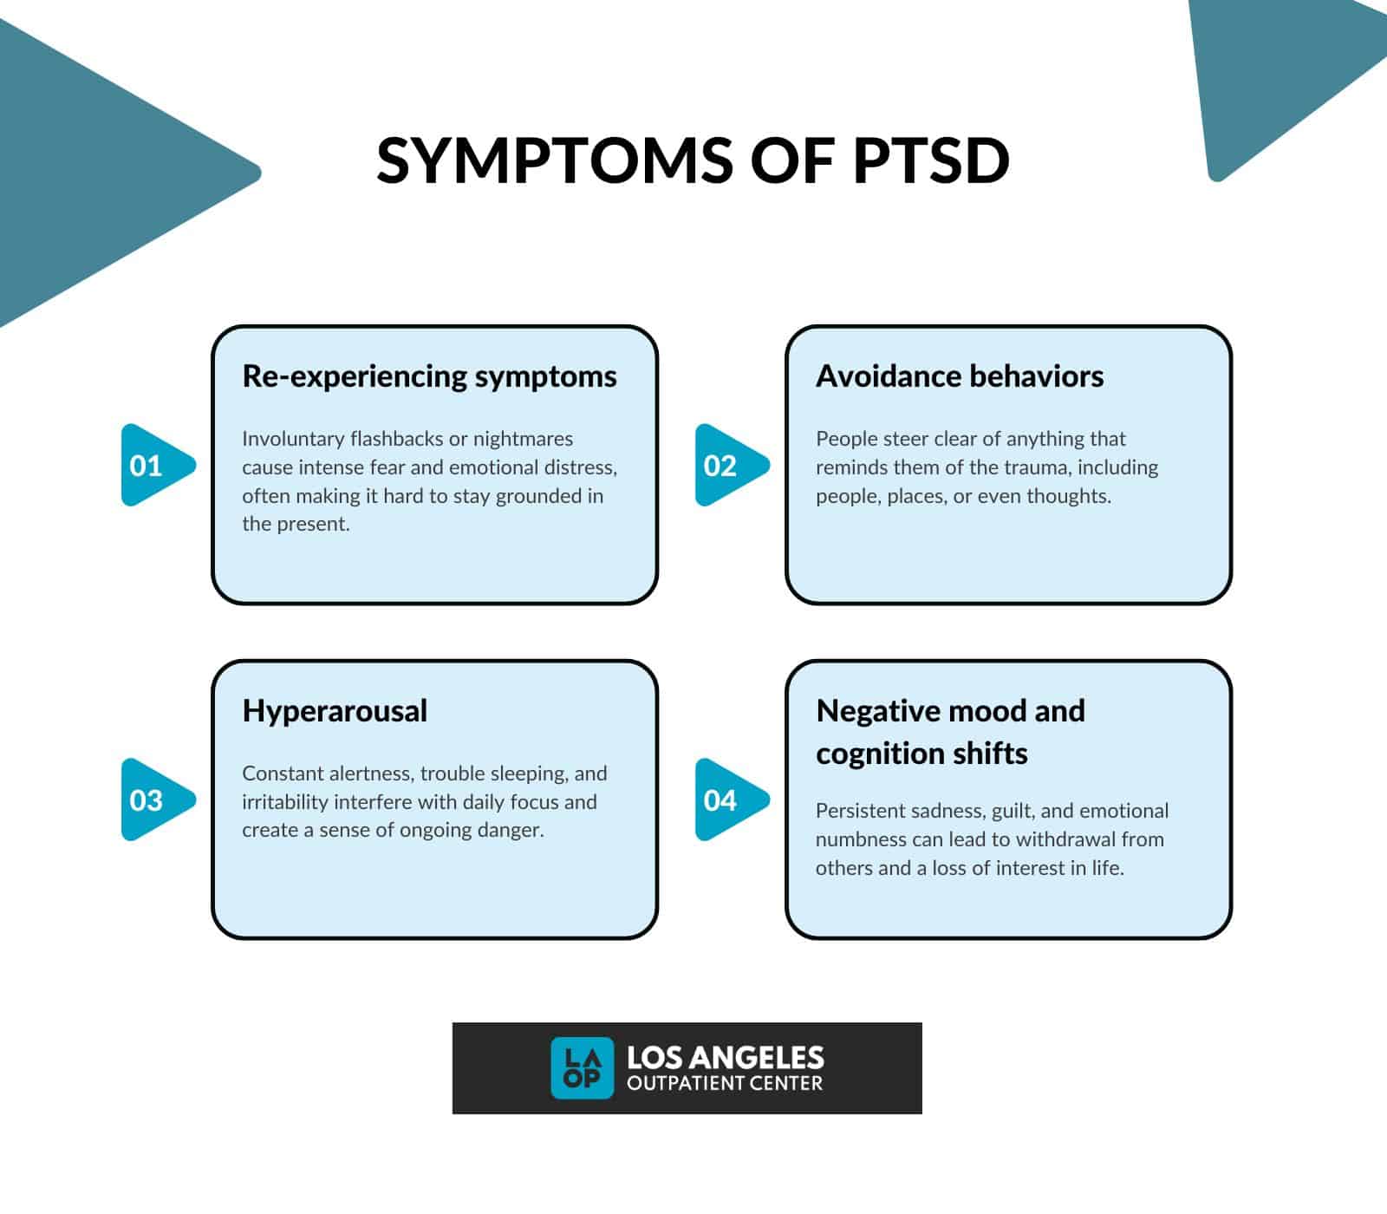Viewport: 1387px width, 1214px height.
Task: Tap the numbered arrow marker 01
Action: [x=153, y=466]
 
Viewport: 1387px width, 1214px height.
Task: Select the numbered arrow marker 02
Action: [x=726, y=466]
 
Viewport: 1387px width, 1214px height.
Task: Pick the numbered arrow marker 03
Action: [x=153, y=800]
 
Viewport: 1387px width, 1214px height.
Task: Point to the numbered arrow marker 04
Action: [x=726, y=800]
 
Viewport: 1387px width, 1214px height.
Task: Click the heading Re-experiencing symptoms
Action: [x=429, y=376]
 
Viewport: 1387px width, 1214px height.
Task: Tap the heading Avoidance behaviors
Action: [x=960, y=376]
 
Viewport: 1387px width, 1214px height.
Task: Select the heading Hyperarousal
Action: [x=335, y=711]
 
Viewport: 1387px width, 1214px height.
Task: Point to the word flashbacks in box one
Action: [x=396, y=439]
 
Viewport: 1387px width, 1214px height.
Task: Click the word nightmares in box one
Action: [x=523, y=439]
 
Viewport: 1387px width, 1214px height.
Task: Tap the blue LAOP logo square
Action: [x=582, y=1067]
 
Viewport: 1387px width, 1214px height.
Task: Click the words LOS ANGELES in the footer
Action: [x=725, y=1057]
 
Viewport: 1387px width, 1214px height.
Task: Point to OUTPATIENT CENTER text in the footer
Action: [x=724, y=1083]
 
